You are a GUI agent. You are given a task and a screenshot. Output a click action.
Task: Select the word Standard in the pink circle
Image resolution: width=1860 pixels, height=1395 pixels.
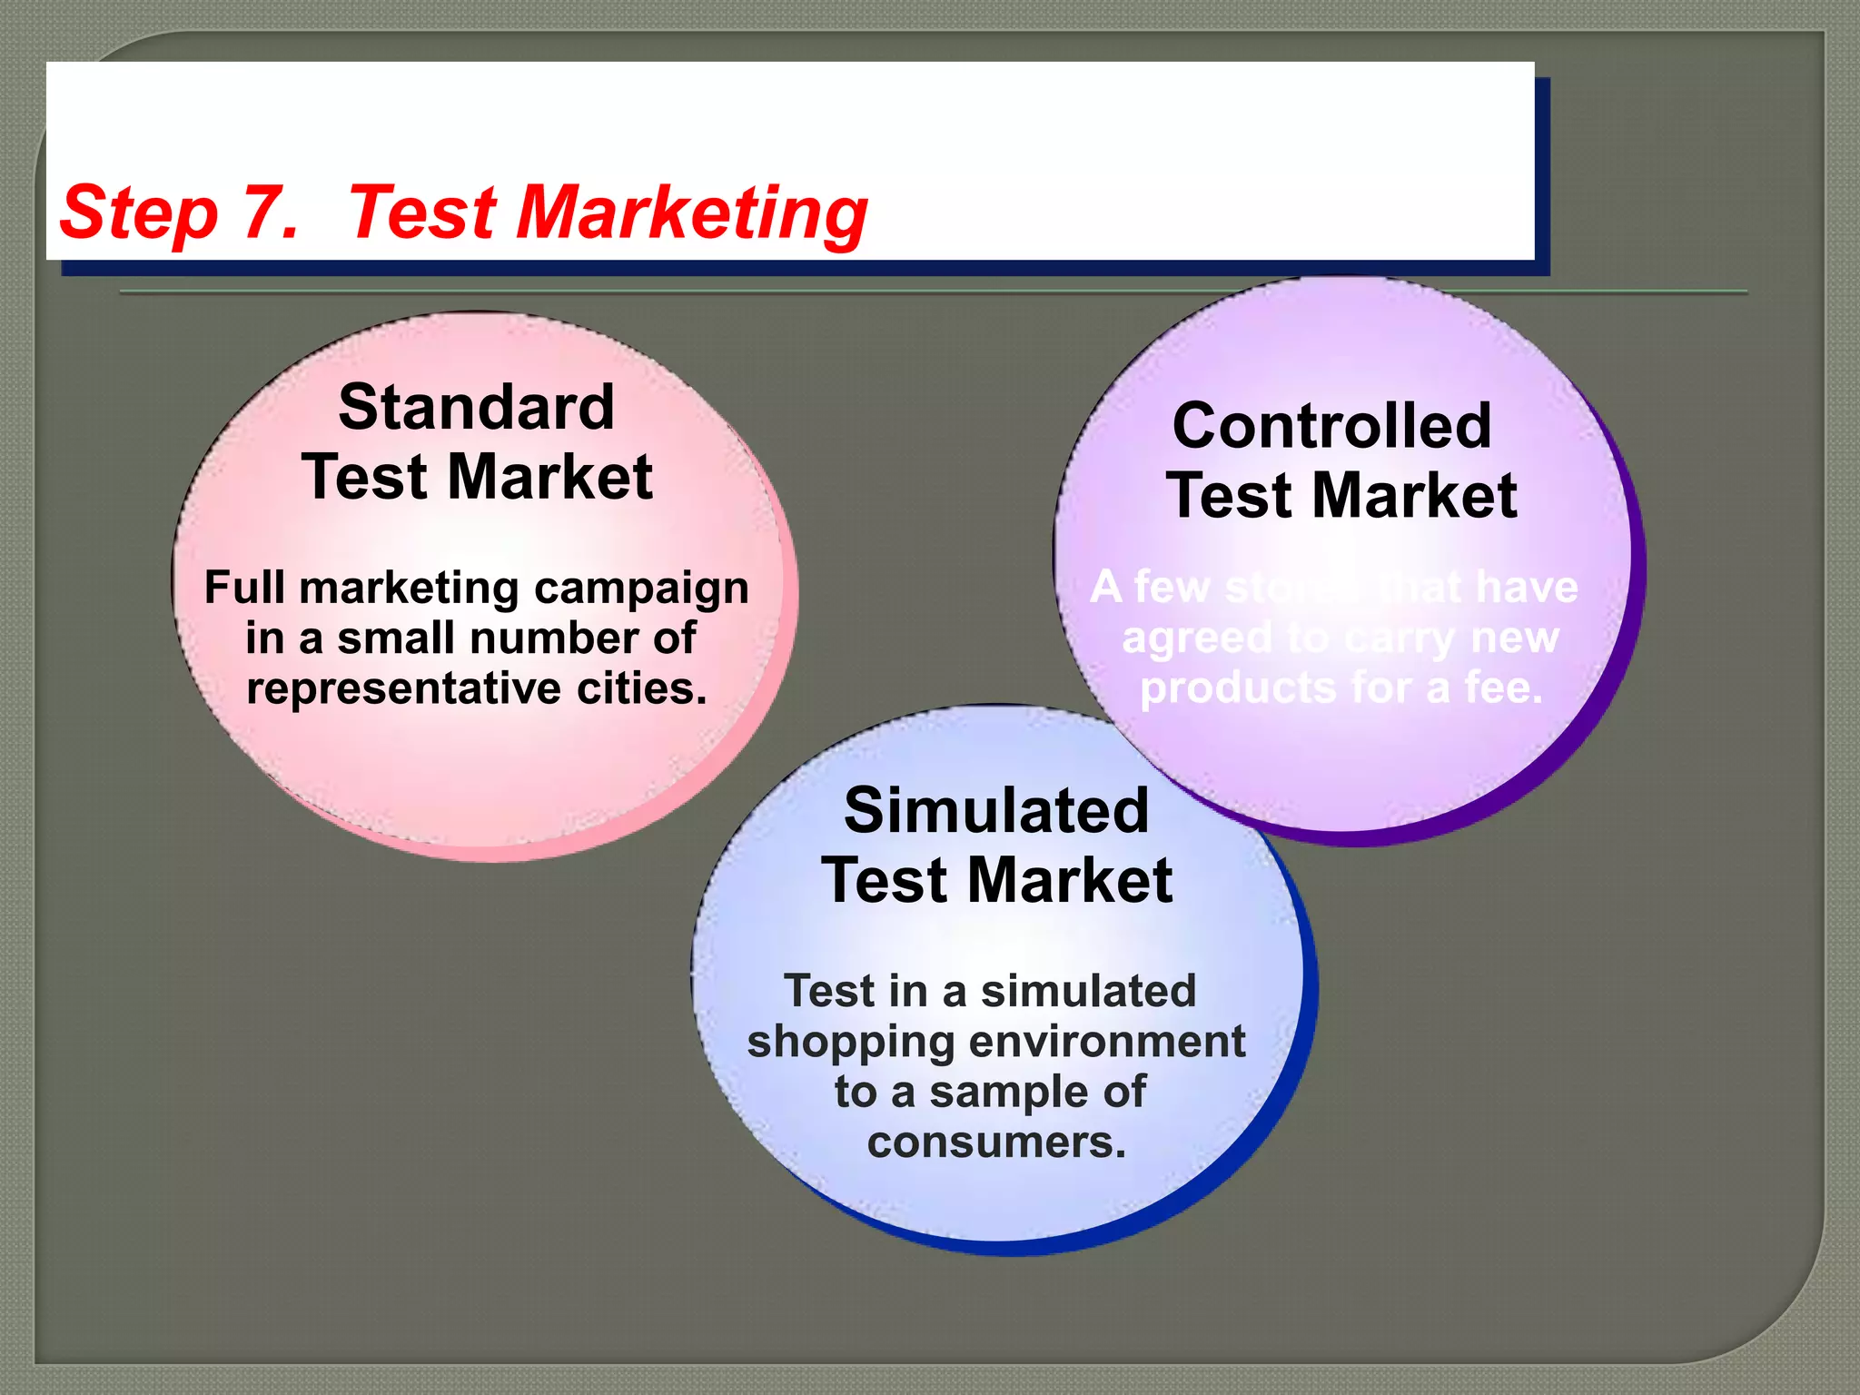coord(476,407)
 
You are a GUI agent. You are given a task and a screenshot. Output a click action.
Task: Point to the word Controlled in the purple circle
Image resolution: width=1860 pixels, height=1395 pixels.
coord(1331,425)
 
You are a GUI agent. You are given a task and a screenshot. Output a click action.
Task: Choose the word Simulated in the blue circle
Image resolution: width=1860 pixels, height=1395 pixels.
coord(996,810)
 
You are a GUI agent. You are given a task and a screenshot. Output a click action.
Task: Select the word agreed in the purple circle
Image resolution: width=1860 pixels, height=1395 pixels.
coord(1197,638)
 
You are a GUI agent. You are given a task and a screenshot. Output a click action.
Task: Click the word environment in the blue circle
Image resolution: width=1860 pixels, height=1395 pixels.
coord(1107,1041)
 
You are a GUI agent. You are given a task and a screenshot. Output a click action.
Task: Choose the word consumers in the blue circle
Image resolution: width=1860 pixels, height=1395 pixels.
coord(996,1142)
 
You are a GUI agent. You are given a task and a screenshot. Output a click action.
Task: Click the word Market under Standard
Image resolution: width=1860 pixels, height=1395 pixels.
coord(549,478)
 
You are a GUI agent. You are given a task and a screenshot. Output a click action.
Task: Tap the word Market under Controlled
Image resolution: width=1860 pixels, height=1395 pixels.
coord(1414,496)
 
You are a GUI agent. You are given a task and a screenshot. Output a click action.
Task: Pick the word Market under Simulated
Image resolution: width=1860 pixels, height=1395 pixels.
coord(1069,881)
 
